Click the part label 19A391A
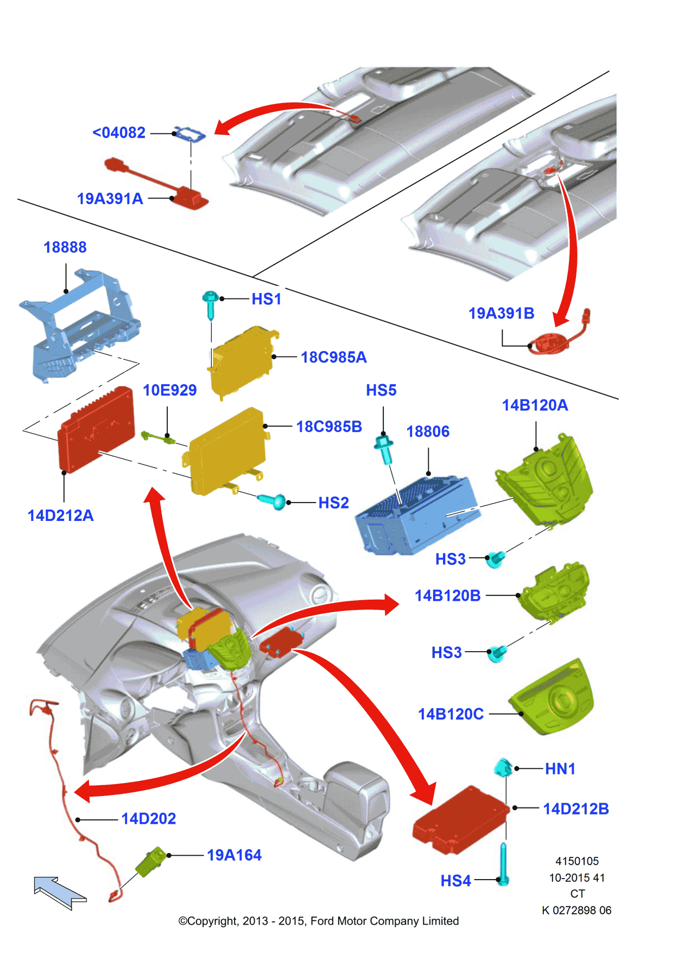(x=110, y=199)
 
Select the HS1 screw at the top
(x=211, y=304)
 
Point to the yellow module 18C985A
(x=242, y=360)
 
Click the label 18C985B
(x=329, y=427)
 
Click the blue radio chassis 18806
(x=415, y=516)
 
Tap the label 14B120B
(x=447, y=596)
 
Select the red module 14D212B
(x=461, y=819)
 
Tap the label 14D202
(x=148, y=819)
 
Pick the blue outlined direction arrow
(x=59, y=892)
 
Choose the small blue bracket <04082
(x=189, y=133)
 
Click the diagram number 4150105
(x=577, y=861)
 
